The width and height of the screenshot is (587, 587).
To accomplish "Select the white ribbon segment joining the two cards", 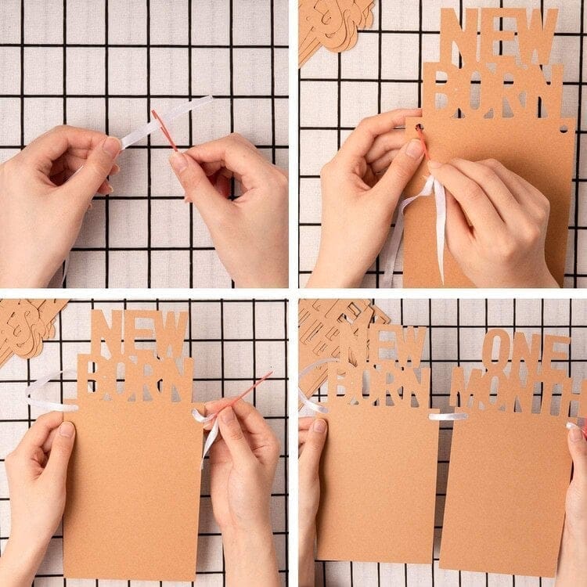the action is [x=448, y=416].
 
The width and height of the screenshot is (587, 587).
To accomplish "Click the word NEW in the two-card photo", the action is [x=383, y=346].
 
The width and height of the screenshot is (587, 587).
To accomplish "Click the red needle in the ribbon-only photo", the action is [x=164, y=130].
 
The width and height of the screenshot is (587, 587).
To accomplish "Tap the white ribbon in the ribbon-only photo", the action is [x=164, y=121].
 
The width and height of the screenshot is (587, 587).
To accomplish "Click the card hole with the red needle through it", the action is [x=419, y=128].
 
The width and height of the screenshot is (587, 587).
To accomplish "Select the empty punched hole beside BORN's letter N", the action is [x=564, y=129].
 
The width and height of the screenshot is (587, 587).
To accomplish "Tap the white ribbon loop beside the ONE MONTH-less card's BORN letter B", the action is [x=49, y=391].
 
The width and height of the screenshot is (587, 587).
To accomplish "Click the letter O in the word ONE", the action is [x=497, y=351].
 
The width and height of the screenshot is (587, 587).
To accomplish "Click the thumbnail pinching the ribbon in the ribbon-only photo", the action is [x=111, y=146].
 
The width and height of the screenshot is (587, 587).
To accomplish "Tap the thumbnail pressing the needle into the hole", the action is [x=415, y=149].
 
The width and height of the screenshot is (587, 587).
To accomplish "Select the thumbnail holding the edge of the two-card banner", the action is [x=320, y=426].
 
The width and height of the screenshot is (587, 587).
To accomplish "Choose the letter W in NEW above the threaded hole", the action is [x=538, y=36].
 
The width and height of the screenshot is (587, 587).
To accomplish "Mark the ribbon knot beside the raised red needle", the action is [x=204, y=416].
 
